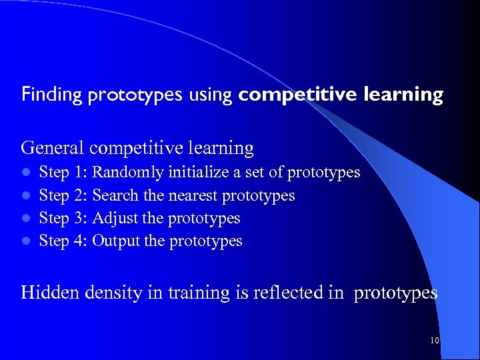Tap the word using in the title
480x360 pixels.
(x=209, y=95)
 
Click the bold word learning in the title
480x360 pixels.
(x=403, y=95)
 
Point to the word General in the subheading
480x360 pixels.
(x=53, y=147)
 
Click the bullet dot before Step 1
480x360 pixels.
(x=25, y=173)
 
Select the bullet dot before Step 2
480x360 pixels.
(x=25, y=196)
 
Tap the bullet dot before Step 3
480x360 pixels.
(x=25, y=219)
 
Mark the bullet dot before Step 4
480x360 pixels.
(x=25, y=241)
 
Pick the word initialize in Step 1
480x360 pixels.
(x=198, y=173)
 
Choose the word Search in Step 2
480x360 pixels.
(x=115, y=195)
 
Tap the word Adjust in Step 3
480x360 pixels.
(x=113, y=218)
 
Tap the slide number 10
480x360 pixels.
(x=434, y=341)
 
